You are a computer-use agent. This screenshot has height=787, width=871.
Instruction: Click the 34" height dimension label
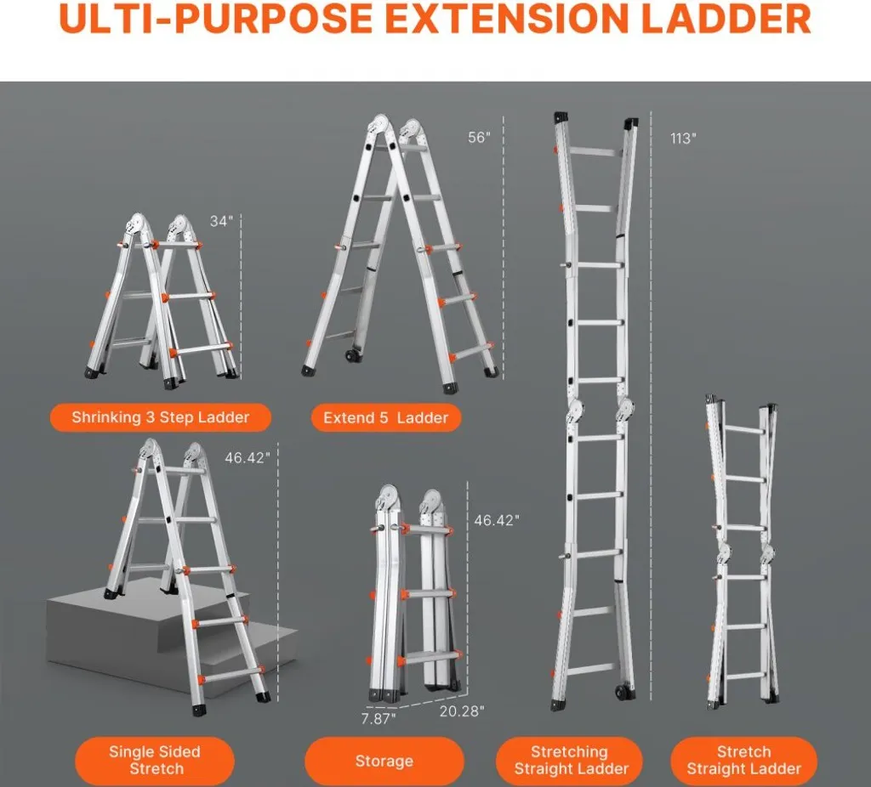click(x=222, y=221)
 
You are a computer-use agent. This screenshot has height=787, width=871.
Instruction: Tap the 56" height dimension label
click(x=480, y=137)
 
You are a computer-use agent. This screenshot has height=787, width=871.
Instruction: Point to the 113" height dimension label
click(x=683, y=139)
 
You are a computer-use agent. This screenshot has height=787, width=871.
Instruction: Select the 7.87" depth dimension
click(x=379, y=718)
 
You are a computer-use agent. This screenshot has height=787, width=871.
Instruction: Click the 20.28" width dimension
click(x=462, y=711)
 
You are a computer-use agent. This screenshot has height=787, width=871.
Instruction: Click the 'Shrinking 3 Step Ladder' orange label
click(x=161, y=417)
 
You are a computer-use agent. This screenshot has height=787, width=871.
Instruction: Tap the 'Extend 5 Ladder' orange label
click(x=385, y=418)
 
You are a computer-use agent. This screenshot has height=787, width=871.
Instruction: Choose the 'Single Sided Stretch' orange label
click(x=155, y=761)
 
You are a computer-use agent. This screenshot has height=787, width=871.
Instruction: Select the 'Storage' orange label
click(x=384, y=761)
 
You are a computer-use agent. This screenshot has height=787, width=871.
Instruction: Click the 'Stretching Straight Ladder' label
click(x=570, y=761)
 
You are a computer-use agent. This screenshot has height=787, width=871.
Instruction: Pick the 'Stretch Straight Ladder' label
click(x=743, y=761)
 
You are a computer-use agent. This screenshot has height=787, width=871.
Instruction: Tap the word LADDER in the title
click(x=726, y=19)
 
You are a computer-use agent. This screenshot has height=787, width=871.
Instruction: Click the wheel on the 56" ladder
click(x=351, y=355)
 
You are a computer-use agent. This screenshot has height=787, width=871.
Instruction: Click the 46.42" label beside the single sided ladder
click(x=248, y=458)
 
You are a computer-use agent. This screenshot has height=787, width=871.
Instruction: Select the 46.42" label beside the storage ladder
click(x=497, y=520)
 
